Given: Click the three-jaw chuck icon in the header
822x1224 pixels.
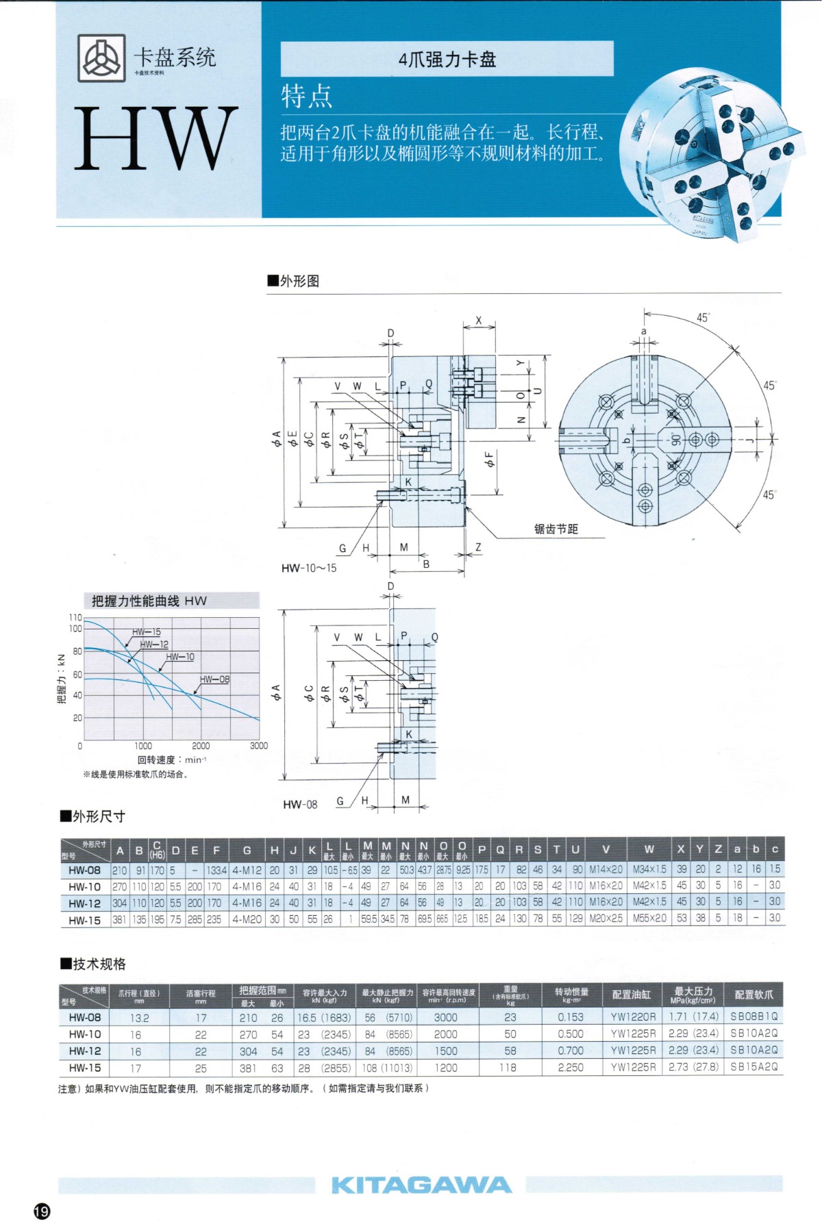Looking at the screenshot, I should point(101,58).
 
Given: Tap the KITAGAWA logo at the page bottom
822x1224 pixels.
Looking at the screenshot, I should point(421,1185).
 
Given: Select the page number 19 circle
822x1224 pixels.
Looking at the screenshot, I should point(42,1211).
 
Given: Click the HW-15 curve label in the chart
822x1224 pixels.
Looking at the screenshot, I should point(147,632).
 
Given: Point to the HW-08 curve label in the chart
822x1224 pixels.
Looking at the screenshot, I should point(214,679).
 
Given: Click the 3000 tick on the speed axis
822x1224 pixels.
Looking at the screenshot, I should point(259,745).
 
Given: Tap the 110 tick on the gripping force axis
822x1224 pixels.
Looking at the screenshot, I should point(75,617).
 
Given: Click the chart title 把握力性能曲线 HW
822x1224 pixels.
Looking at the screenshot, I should point(149,601).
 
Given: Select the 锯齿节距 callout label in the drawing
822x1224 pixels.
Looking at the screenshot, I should point(556,529).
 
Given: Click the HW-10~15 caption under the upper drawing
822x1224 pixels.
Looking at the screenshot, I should point(309,568).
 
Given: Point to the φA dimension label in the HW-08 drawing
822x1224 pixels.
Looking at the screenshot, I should point(276,692).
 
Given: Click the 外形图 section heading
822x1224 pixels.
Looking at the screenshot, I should point(294,281).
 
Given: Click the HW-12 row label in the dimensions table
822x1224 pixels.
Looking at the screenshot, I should point(84,903).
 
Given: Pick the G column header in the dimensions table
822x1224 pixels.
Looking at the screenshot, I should point(247,851).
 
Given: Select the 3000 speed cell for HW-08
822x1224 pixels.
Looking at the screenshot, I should point(445,1018).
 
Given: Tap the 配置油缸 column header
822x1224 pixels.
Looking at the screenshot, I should point(632,995).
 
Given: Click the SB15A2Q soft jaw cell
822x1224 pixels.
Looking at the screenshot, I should point(754,1066).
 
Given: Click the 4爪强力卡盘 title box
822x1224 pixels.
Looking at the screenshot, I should point(447,60).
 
